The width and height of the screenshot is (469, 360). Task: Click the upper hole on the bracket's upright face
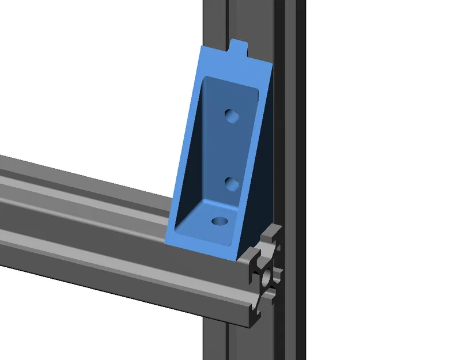coord(232,116)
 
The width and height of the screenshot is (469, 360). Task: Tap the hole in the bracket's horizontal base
coord(220,221)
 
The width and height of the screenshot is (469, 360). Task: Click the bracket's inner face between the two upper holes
coord(232,150)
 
